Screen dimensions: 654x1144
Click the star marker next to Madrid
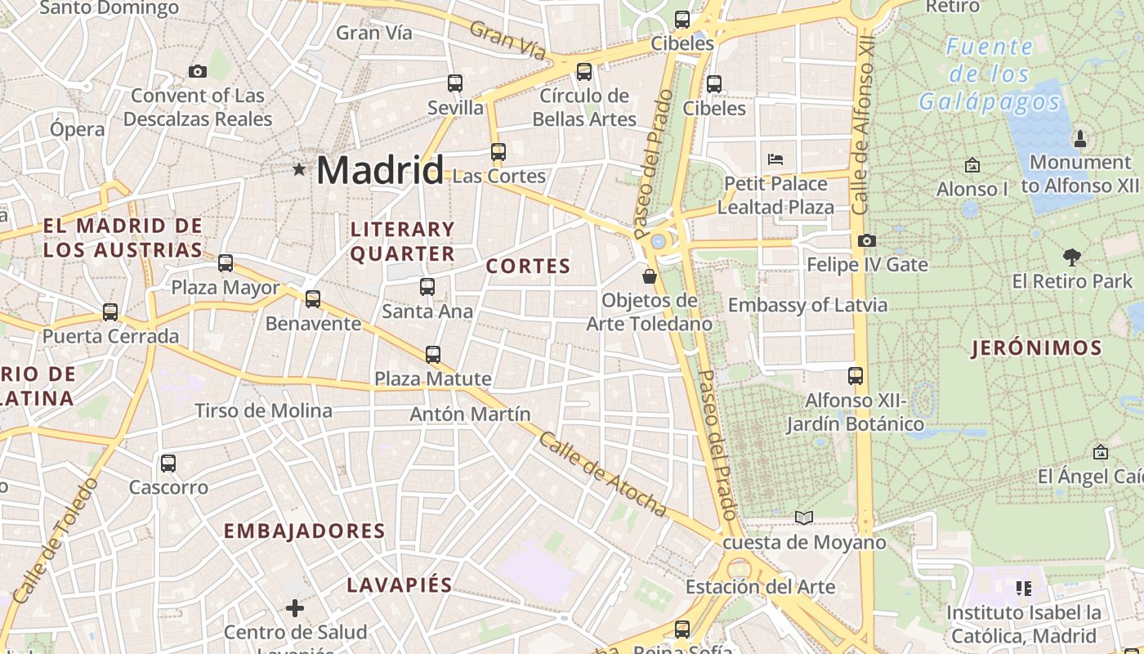(x=299, y=170)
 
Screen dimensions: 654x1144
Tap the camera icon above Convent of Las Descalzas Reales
(x=197, y=72)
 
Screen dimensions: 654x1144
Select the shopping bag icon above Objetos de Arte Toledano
(x=650, y=276)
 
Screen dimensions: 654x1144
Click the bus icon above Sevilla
(x=455, y=83)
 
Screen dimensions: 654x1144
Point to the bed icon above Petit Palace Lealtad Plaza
(x=775, y=159)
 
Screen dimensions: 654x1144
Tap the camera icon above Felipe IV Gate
(x=867, y=240)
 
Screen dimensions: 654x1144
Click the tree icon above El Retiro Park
(x=1072, y=258)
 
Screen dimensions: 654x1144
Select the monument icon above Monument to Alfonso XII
(x=1079, y=138)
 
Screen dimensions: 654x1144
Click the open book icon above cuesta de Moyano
(x=804, y=517)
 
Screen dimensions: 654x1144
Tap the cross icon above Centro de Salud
(x=295, y=608)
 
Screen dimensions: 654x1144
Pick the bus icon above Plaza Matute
(x=433, y=355)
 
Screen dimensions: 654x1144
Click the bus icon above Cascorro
(x=168, y=464)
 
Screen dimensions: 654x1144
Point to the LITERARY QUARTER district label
(x=402, y=241)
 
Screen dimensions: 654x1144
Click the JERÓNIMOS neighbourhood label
(x=1036, y=349)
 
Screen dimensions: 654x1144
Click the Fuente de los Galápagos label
(x=989, y=74)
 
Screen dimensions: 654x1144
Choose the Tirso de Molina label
(x=263, y=410)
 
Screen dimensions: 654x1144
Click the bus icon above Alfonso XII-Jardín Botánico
(x=856, y=376)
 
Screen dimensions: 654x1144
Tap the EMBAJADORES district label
(x=304, y=531)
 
